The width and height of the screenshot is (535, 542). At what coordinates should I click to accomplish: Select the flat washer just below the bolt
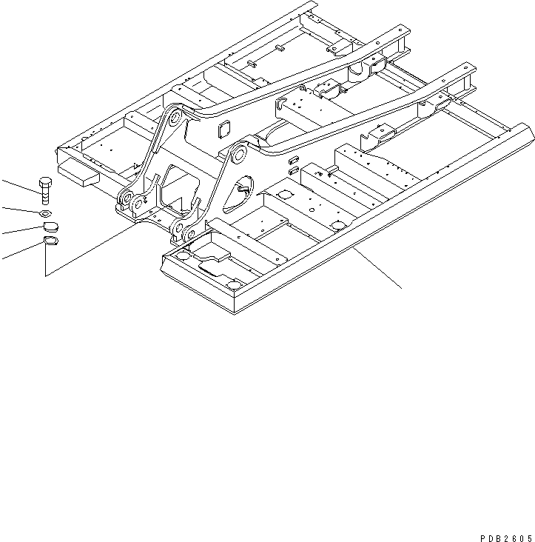44,213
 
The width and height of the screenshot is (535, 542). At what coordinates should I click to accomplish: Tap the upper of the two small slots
292,158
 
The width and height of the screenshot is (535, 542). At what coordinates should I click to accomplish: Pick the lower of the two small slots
294,170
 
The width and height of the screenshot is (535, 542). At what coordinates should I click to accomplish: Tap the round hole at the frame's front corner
235,285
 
